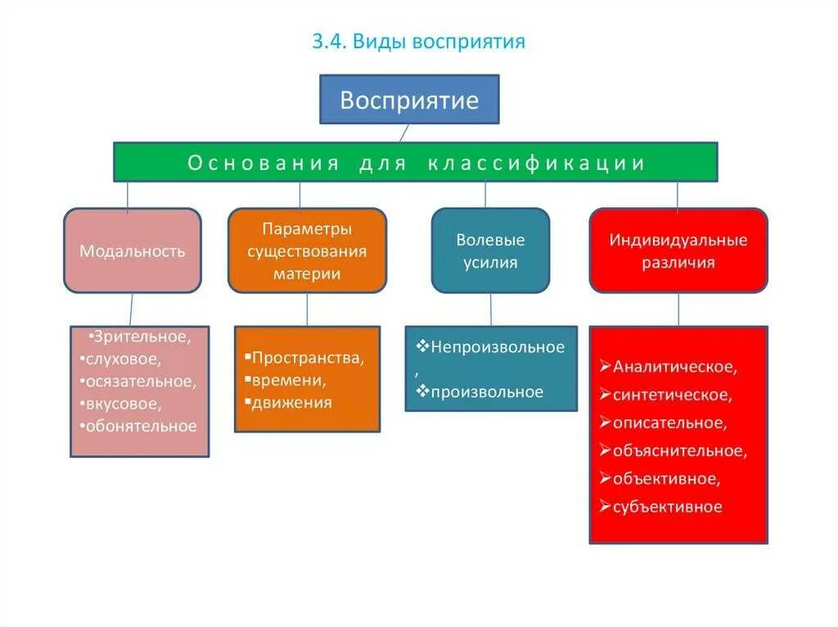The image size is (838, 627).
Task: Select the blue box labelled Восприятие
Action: tap(408, 100)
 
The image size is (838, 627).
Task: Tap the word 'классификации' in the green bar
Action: tap(536, 163)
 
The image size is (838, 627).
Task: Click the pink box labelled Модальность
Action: tap(132, 251)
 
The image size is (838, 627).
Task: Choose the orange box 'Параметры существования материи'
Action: tap(307, 251)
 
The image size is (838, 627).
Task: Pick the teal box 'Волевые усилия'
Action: tap(490, 251)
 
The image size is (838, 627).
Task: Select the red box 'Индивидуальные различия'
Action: tap(678, 251)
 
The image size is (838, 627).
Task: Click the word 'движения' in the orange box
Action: tap(292, 402)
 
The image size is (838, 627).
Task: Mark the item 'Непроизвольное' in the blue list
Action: tap(498, 347)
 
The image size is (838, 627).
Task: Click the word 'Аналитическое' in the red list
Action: tap(674, 367)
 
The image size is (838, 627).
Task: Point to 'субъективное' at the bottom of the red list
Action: tap(667, 507)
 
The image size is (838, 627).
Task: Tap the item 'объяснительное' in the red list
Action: tap(679, 450)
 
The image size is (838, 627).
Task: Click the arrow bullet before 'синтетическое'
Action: tap(605, 395)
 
